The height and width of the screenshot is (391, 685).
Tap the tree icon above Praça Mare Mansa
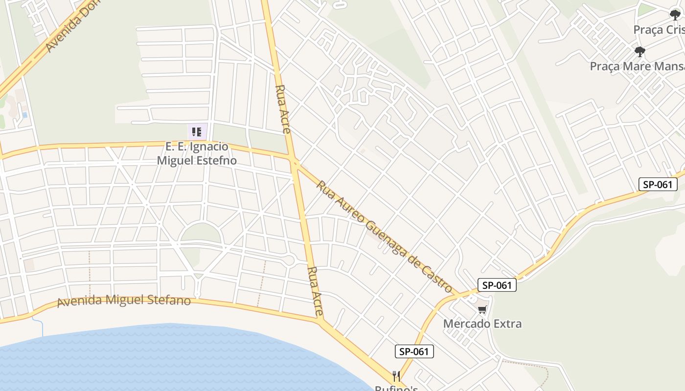[639, 52]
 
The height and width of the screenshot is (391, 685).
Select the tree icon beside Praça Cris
[675, 15]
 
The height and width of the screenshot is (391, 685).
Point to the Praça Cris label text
[659, 30]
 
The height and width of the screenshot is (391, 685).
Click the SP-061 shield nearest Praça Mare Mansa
[658, 184]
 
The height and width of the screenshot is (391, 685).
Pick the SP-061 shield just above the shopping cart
[497, 285]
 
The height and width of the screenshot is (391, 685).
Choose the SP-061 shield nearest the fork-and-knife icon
[414, 351]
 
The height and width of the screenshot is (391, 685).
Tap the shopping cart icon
[482, 309]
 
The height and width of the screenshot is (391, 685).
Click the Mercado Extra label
[482, 324]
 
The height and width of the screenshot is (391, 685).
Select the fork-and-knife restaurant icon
[396, 376]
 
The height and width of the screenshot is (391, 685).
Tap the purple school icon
[197, 131]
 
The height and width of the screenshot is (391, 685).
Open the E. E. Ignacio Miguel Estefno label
[197, 153]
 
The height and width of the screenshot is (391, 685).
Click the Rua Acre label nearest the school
[283, 109]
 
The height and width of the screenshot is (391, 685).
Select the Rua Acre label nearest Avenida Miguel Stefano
[316, 291]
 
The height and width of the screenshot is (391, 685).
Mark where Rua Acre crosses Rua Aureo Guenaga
[294, 161]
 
